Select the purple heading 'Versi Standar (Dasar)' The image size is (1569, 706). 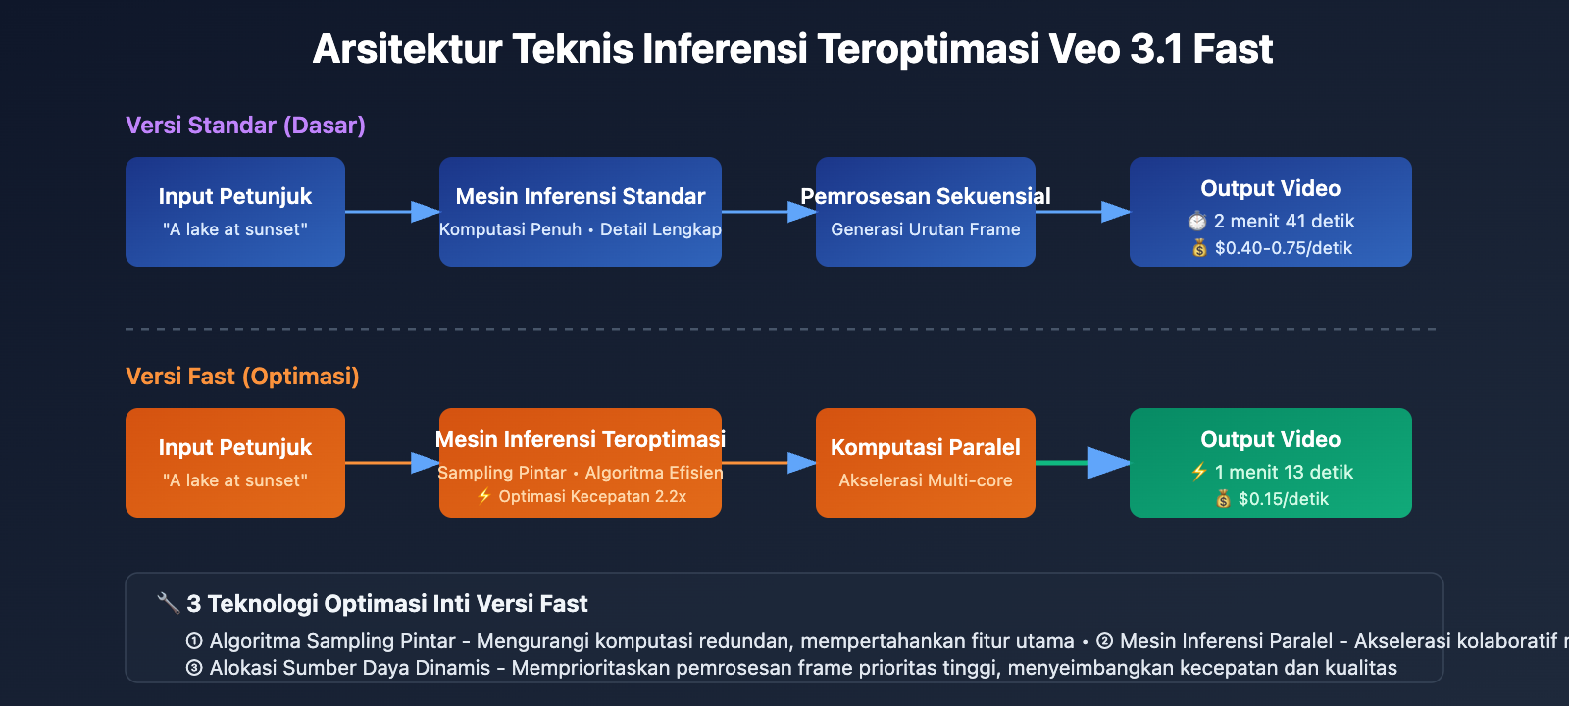(x=245, y=126)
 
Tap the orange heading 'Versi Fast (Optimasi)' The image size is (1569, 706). (x=242, y=377)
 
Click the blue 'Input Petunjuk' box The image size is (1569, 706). (x=235, y=212)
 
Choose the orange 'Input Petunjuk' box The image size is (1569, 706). (x=235, y=463)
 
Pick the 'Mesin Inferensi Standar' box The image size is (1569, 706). (x=581, y=212)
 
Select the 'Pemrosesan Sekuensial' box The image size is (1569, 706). (x=926, y=212)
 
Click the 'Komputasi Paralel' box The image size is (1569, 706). (x=926, y=463)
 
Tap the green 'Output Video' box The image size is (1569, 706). (x=1271, y=463)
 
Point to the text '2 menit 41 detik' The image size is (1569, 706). (x=1284, y=222)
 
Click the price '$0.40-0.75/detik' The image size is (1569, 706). (x=1283, y=248)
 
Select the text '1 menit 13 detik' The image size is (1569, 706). (x=1284, y=473)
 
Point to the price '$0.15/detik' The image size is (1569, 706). (x=1283, y=499)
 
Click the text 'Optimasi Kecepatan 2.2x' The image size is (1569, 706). (x=591, y=497)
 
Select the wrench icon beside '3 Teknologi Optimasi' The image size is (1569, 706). (x=168, y=603)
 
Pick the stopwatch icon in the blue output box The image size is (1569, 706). (x=1197, y=222)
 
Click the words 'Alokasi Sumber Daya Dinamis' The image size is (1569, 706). (x=349, y=669)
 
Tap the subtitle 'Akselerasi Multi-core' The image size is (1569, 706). (x=926, y=480)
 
